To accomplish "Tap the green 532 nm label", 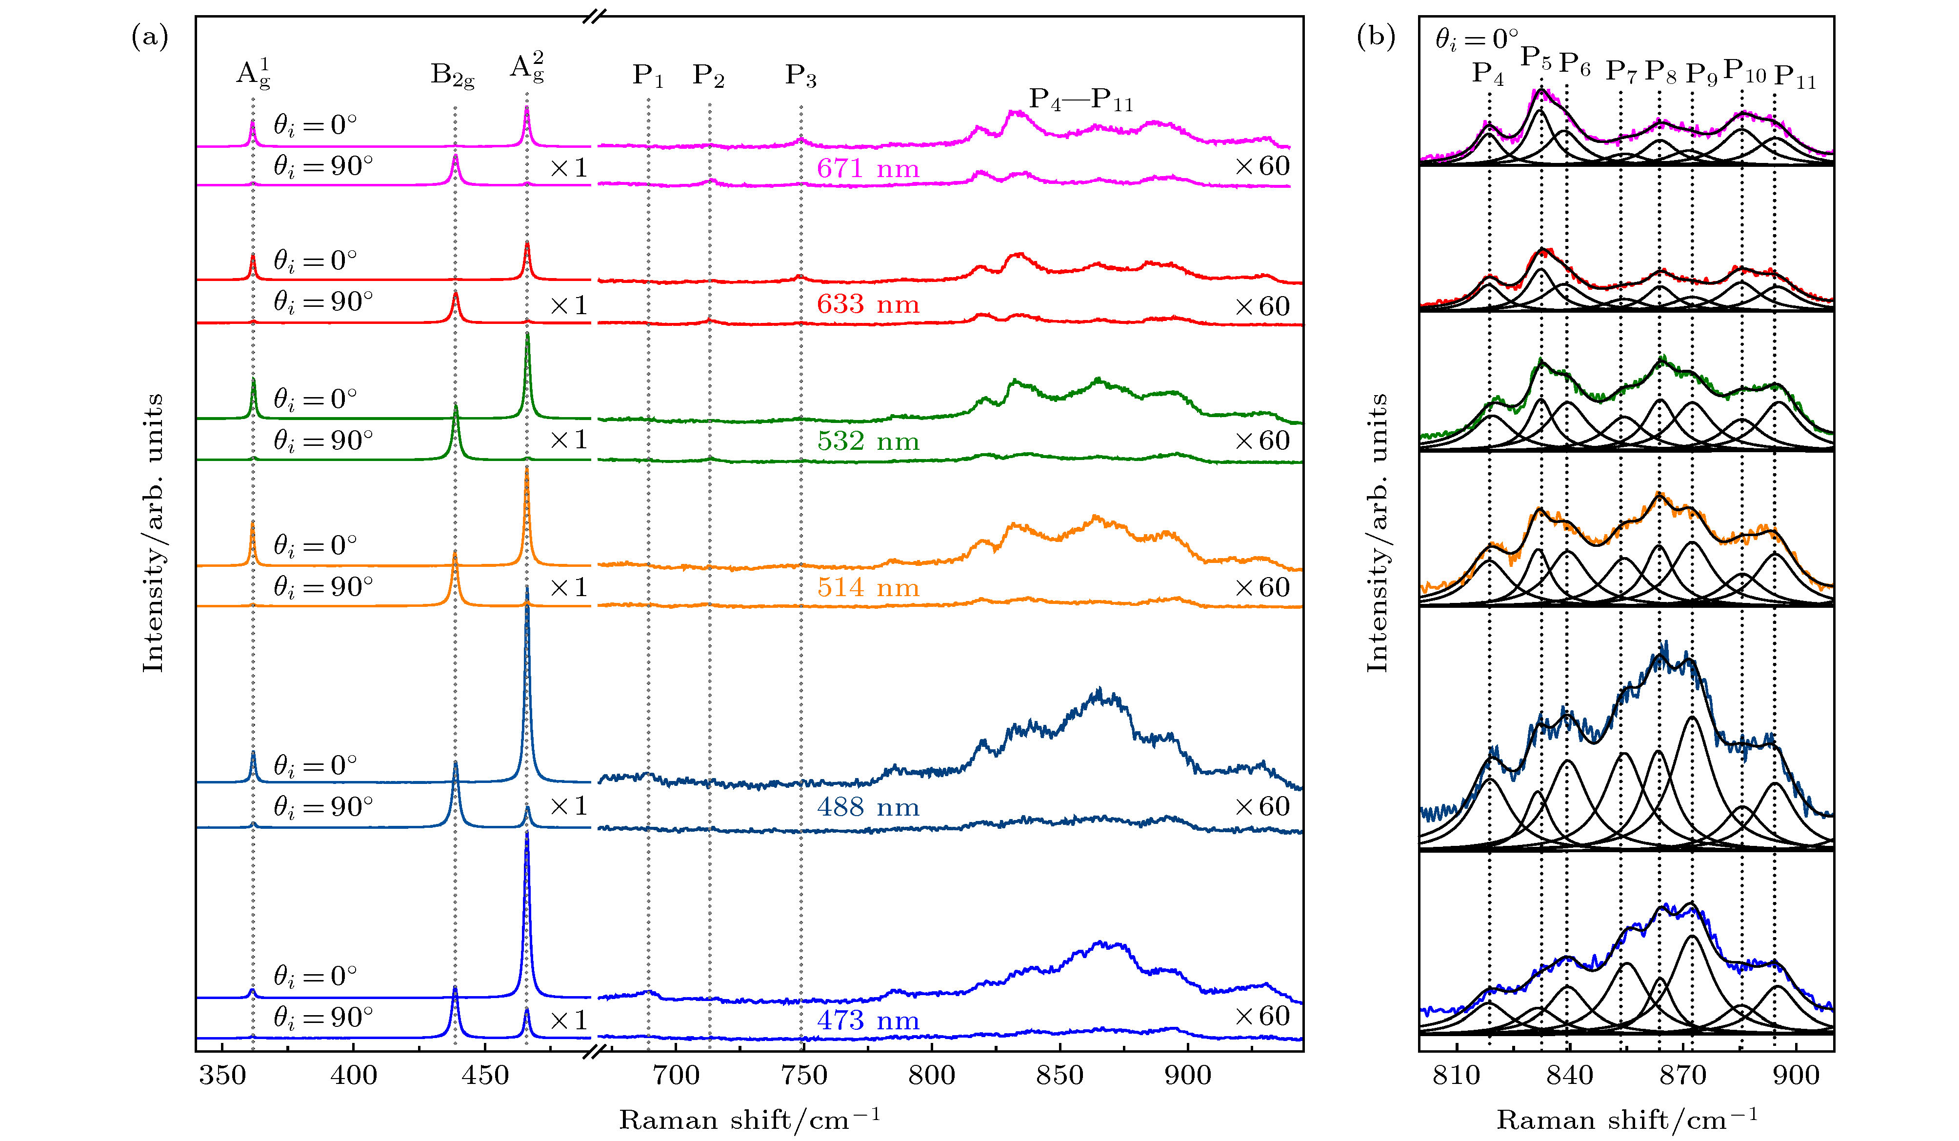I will point(868,441).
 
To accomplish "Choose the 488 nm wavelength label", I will point(868,807).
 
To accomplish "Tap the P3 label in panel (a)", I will point(800,76).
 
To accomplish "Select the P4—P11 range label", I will point(1080,100).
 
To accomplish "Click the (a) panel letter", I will point(150,37).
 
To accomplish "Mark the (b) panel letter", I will point(1376,37).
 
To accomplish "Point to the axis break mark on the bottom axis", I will point(595,1052).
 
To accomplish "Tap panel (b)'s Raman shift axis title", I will point(1627,1119).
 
